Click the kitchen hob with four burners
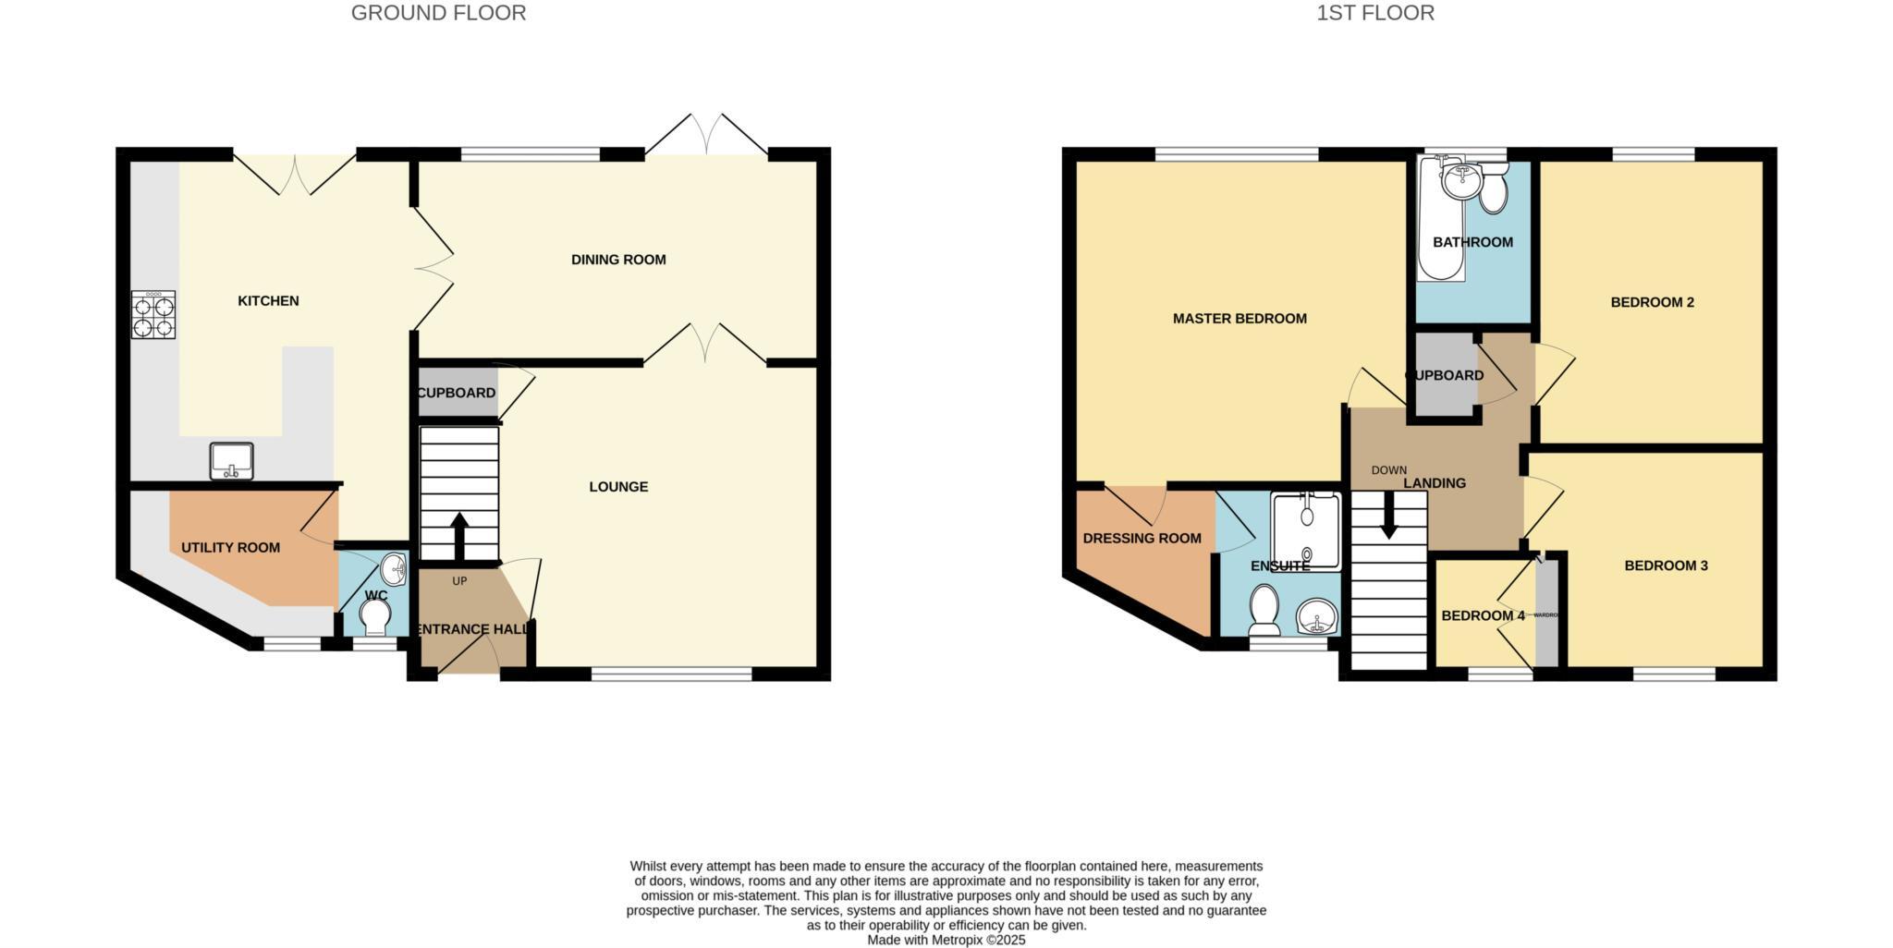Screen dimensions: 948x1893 (x=153, y=315)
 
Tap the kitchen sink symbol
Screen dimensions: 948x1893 (x=231, y=461)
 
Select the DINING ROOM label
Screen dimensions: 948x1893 (x=618, y=260)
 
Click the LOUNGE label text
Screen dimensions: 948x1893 (x=618, y=487)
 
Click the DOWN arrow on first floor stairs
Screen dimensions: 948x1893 (x=1388, y=520)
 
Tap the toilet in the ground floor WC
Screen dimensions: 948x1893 (x=375, y=616)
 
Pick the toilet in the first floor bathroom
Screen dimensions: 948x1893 (x=1494, y=192)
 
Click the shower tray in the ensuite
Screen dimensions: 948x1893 (x=1306, y=530)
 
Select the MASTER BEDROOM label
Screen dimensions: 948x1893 (x=1240, y=319)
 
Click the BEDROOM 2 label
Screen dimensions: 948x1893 (x=1652, y=302)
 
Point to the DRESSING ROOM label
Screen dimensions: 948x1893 (x=1142, y=539)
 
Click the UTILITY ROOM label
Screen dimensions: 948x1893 (x=230, y=548)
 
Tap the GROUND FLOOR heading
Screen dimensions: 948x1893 (x=438, y=13)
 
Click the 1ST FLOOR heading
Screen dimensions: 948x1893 (x=1375, y=13)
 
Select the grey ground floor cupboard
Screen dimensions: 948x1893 (x=457, y=393)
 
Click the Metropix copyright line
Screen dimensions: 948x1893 (x=946, y=940)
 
